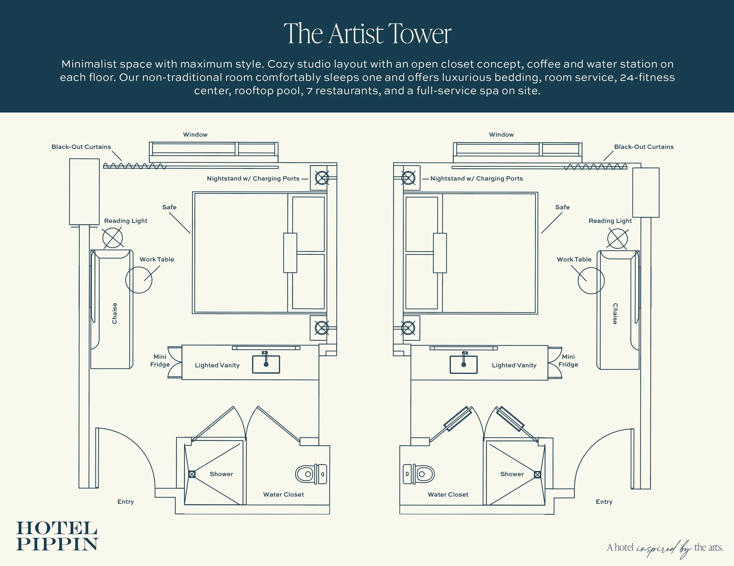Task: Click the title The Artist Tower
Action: point(367,34)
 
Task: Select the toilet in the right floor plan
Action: point(419,474)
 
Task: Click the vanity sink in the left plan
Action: point(266,364)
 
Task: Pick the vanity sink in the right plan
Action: point(464,364)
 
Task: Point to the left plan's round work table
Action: point(139,280)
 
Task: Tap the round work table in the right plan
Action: point(591,281)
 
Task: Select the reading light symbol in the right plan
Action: point(617,239)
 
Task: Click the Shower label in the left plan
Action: point(221,474)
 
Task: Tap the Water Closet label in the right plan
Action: point(448,494)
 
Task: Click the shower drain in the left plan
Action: point(192,474)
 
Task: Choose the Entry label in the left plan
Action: point(125,502)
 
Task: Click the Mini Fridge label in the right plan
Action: point(568,360)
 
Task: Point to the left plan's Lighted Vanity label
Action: point(217,365)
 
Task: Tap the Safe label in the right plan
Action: point(562,207)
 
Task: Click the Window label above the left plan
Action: point(195,135)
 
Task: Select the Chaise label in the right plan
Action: point(615,313)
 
